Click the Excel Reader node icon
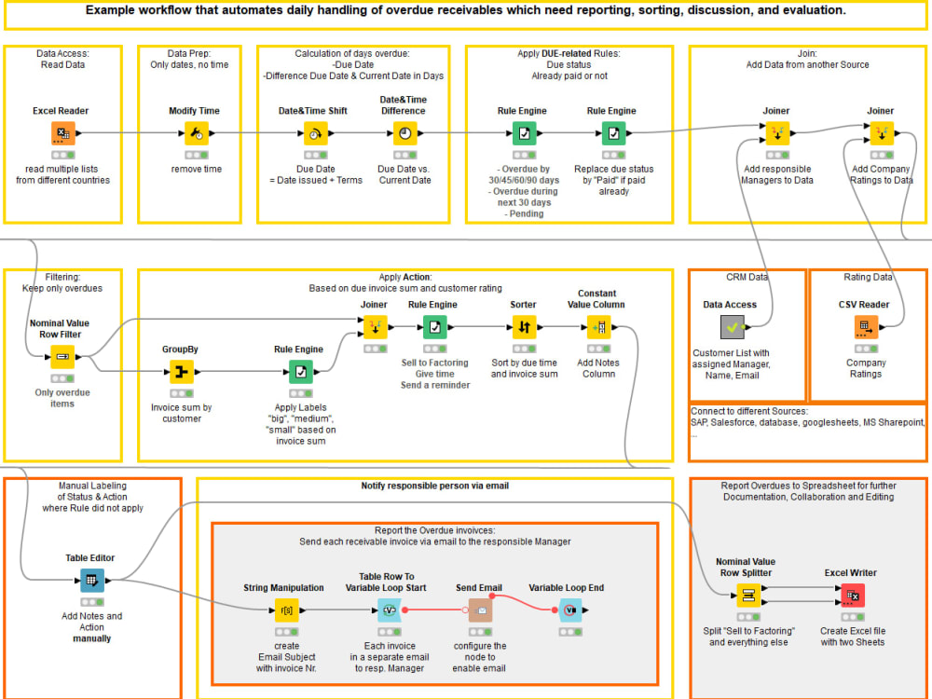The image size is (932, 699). (63, 134)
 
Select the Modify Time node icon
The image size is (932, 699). (197, 134)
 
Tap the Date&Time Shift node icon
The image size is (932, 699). (314, 134)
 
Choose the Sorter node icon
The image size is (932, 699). (524, 327)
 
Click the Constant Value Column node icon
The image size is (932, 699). (598, 327)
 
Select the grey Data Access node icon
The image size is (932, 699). (733, 327)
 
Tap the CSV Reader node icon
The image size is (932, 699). (866, 327)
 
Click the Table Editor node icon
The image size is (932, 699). (91, 581)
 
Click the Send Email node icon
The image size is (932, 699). (480, 610)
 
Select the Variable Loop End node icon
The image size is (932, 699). (569, 610)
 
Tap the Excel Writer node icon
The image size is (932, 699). (852, 596)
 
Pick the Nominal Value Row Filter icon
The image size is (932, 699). (63, 357)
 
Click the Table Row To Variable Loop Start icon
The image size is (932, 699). (389, 610)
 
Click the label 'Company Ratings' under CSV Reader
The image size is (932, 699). (866, 368)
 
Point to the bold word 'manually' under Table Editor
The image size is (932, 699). (91, 638)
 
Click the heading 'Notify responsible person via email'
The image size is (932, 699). (434, 486)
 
